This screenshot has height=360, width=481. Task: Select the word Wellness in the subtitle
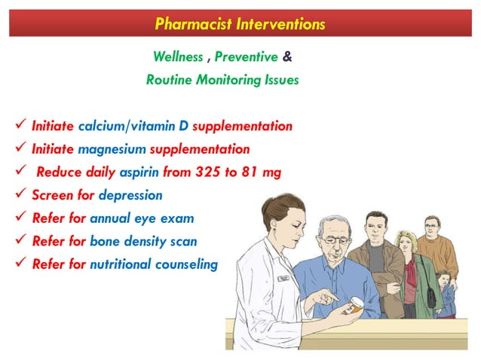177,57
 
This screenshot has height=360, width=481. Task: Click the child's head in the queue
443,278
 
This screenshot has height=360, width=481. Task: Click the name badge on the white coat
283,278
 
